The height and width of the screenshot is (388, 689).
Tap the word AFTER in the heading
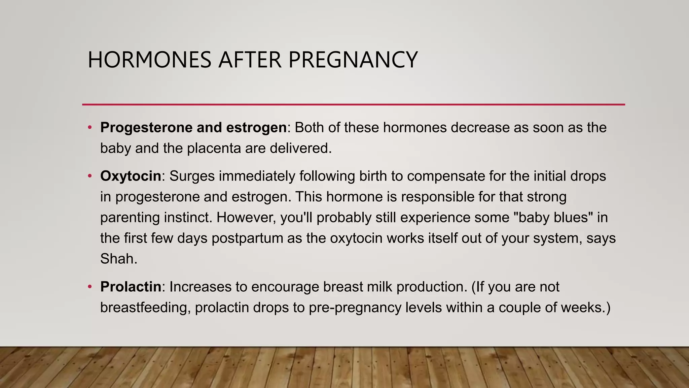pos(250,60)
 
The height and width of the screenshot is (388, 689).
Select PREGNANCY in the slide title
pos(353,60)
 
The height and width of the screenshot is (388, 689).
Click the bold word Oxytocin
pos(131,176)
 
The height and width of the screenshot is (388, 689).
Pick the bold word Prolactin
pos(131,287)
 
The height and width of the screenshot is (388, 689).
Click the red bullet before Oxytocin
pos(89,176)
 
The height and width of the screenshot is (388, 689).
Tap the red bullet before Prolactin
pos(89,287)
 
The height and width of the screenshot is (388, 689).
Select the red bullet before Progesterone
pos(89,127)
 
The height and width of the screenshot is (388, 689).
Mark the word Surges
pos(192,176)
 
